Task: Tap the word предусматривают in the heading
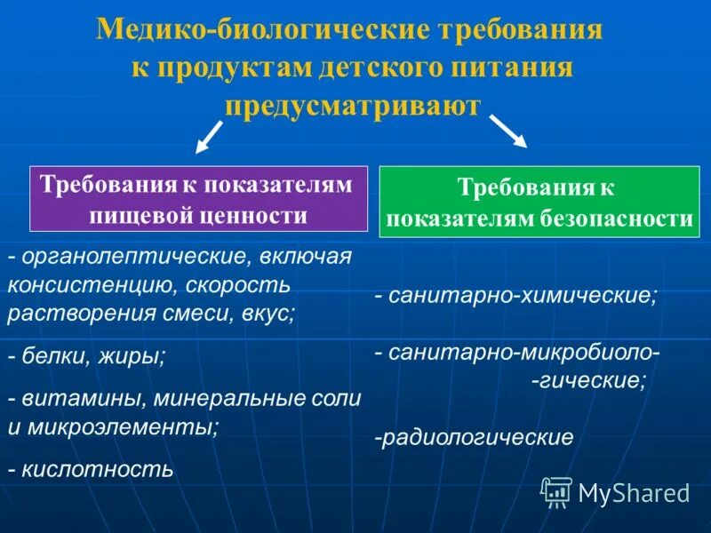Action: tap(353, 106)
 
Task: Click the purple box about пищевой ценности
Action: tap(198, 198)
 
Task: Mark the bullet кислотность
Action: tap(91, 468)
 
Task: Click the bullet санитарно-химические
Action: tap(515, 296)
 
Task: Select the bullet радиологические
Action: tap(474, 437)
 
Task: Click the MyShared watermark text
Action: tap(634, 491)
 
